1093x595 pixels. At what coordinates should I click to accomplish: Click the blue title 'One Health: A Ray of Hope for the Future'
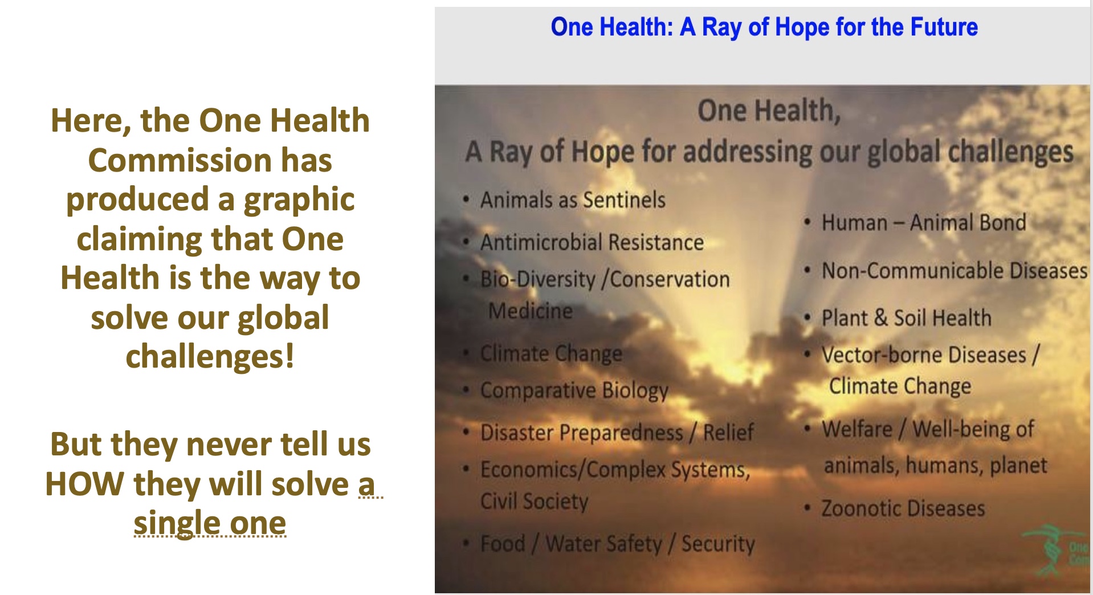[x=764, y=27]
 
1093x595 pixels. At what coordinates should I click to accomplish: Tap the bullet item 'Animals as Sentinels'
[x=573, y=200]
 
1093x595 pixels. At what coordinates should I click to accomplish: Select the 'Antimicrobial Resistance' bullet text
[x=592, y=243]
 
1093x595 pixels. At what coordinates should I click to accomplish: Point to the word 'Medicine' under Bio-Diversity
[x=531, y=311]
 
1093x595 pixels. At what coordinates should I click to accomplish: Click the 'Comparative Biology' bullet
[x=574, y=391]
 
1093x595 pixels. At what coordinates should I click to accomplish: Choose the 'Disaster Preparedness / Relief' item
[x=617, y=433]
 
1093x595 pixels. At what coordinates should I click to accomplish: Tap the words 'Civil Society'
[x=535, y=502]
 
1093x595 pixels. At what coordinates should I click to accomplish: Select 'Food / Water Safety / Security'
[x=618, y=544]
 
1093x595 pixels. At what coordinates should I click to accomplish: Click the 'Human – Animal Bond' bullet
[x=924, y=223]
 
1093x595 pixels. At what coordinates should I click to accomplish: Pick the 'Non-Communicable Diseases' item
[x=955, y=271]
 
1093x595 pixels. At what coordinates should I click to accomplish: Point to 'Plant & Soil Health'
[x=906, y=318]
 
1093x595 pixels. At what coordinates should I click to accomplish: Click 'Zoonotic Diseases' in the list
[x=903, y=508]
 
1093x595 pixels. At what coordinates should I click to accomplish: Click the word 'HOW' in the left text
[x=84, y=484]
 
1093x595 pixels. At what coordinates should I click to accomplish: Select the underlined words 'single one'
[x=210, y=523]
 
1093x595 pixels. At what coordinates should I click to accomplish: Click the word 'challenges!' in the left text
[x=210, y=357]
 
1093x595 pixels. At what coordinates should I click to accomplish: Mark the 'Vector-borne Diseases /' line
[x=931, y=355]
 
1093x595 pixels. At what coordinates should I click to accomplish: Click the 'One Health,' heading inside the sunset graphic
[x=769, y=111]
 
